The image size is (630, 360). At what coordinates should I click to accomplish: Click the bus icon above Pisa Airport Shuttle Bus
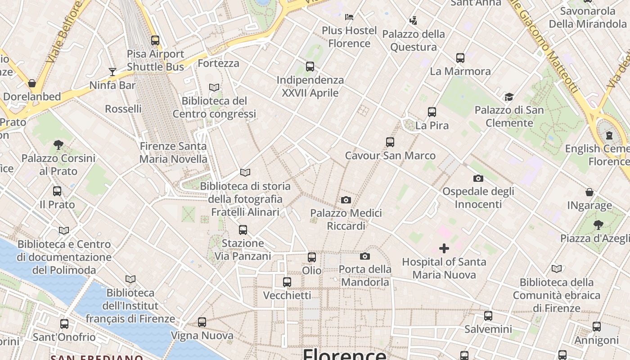(155, 40)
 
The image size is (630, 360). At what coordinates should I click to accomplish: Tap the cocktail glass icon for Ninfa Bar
(112, 72)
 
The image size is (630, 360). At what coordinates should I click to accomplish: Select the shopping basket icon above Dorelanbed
(32, 83)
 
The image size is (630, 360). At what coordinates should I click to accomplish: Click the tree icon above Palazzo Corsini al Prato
(58, 144)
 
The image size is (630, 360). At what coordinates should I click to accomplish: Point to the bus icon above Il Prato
(57, 191)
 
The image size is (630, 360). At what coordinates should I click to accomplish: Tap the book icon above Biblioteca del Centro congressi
(214, 87)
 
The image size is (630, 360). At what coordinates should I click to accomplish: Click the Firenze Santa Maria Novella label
(173, 153)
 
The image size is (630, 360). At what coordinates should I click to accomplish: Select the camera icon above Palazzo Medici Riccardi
(346, 200)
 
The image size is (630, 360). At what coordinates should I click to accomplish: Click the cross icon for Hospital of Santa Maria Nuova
(444, 248)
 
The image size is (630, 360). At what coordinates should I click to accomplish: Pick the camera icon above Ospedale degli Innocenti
(478, 178)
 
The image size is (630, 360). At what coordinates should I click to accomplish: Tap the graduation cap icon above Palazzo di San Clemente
(509, 97)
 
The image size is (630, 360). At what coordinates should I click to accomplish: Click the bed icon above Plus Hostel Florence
(349, 17)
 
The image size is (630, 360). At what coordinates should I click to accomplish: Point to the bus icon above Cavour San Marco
(390, 142)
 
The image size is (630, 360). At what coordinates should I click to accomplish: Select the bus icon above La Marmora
(460, 58)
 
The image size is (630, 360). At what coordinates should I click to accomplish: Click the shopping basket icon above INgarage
(589, 193)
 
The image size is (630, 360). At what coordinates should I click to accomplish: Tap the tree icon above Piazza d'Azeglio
(598, 225)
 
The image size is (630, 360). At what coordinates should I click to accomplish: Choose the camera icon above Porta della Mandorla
(365, 256)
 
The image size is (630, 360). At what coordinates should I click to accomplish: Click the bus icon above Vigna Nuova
(202, 322)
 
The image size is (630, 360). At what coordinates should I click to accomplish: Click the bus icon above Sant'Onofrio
(64, 324)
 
